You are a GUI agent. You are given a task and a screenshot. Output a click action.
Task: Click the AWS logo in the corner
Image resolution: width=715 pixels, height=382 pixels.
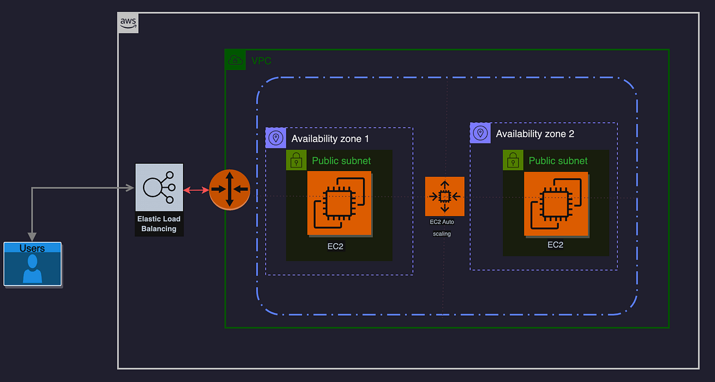coord(129,23)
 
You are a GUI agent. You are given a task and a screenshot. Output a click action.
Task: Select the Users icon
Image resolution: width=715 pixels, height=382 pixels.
coord(33,264)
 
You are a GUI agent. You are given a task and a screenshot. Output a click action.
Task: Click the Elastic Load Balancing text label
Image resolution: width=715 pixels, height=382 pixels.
coord(159,223)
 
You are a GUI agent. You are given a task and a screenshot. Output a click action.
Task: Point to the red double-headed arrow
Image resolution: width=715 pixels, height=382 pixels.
coord(196,190)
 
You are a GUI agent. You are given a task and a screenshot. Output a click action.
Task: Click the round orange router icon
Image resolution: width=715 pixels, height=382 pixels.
coord(229,190)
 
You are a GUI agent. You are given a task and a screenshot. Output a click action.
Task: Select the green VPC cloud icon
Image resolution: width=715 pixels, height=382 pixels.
coord(235,60)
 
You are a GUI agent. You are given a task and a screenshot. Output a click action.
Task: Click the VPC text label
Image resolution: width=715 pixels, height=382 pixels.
coord(262,61)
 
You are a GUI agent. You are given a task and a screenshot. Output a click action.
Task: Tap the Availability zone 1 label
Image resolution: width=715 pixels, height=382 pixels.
coord(330,139)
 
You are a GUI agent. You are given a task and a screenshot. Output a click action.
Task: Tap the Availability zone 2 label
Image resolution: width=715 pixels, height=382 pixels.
coord(535,134)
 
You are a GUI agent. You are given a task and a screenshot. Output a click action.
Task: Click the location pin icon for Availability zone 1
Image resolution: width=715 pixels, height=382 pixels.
coord(275,138)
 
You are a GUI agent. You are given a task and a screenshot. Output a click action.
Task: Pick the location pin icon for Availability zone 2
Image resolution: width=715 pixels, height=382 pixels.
coord(480,133)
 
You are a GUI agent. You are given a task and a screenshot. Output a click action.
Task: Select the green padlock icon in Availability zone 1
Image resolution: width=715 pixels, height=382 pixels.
coord(296,160)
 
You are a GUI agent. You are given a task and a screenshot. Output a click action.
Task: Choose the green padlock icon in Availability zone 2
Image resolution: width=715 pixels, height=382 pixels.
coord(513,160)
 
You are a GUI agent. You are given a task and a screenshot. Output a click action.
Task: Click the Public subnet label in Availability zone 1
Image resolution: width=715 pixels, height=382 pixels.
coord(341,161)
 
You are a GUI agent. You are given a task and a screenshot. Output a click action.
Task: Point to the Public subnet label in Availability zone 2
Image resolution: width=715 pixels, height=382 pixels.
coord(558,161)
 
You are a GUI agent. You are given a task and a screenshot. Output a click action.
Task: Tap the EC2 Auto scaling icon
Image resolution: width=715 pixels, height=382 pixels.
coord(444,196)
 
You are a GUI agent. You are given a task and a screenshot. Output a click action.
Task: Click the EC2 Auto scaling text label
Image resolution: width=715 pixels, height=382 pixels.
coord(442,228)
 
